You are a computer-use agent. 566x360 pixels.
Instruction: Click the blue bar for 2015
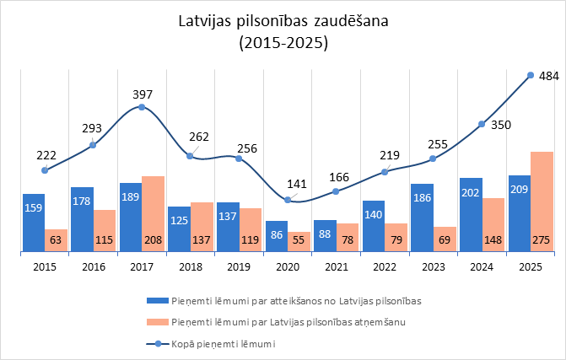(x=33, y=222)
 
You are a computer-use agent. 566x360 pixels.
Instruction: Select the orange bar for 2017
(x=154, y=213)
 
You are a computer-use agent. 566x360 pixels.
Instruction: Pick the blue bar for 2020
(x=276, y=236)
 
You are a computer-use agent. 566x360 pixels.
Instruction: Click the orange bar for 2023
(x=445, y=239)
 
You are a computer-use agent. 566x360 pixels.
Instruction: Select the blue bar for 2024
(x=471, y=214)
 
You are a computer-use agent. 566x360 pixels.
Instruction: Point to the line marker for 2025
(x=530, y=75)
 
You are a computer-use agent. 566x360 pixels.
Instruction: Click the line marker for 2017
(x=142, y=107)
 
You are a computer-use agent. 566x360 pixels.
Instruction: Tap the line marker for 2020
(x=288, y=200)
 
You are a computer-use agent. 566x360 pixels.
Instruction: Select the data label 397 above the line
(x=143, y=94)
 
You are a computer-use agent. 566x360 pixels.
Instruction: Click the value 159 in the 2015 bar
(x=33, y=207)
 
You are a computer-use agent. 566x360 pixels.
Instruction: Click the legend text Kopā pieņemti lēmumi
(x=234, y=344)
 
